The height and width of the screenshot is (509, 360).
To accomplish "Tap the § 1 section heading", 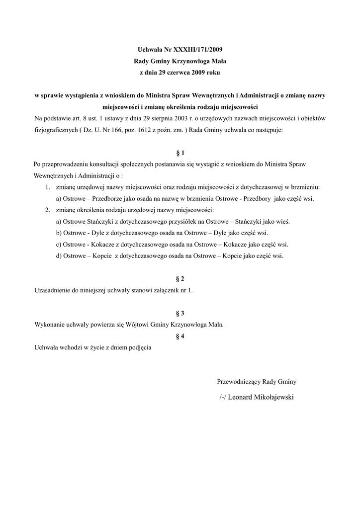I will (180, 153).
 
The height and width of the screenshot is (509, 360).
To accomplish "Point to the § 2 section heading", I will (180, 279).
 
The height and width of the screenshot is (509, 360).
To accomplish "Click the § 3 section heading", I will (180, 313).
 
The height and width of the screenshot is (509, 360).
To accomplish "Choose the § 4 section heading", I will (180, 337).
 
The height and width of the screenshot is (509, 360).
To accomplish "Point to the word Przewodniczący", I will (239, 382).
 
